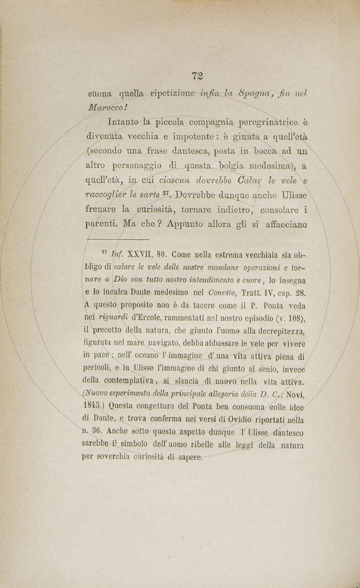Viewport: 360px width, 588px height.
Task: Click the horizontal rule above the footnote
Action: point(117,239)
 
